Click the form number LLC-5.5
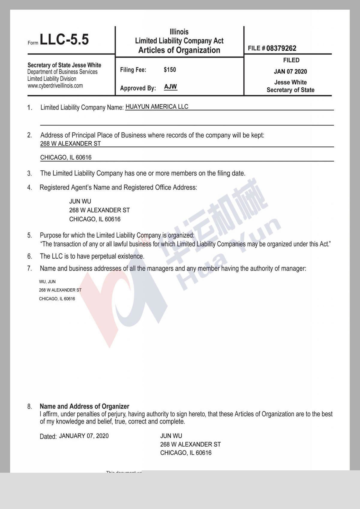tap(64, 40)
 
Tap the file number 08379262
tap(281, 48)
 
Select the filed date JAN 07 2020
tap(290, 71)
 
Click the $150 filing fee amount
tap(170, 70)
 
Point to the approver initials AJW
tap(170, 87)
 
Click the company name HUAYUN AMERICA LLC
tap(157, 107)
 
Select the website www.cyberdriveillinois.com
tap(55, 86)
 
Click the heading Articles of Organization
tap(179, 50)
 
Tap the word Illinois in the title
tap(179, 32)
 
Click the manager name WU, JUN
tap(47, 282)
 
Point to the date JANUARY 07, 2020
tap(84, 436)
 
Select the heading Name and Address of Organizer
tap(84, 406)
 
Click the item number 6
tap(29, 256)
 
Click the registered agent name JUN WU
tap(80, 201)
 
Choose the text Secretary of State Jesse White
tap(64, 65)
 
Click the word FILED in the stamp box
tap(291, 60)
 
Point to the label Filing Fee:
tap(133, 70)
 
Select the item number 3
tap(29, 173)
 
